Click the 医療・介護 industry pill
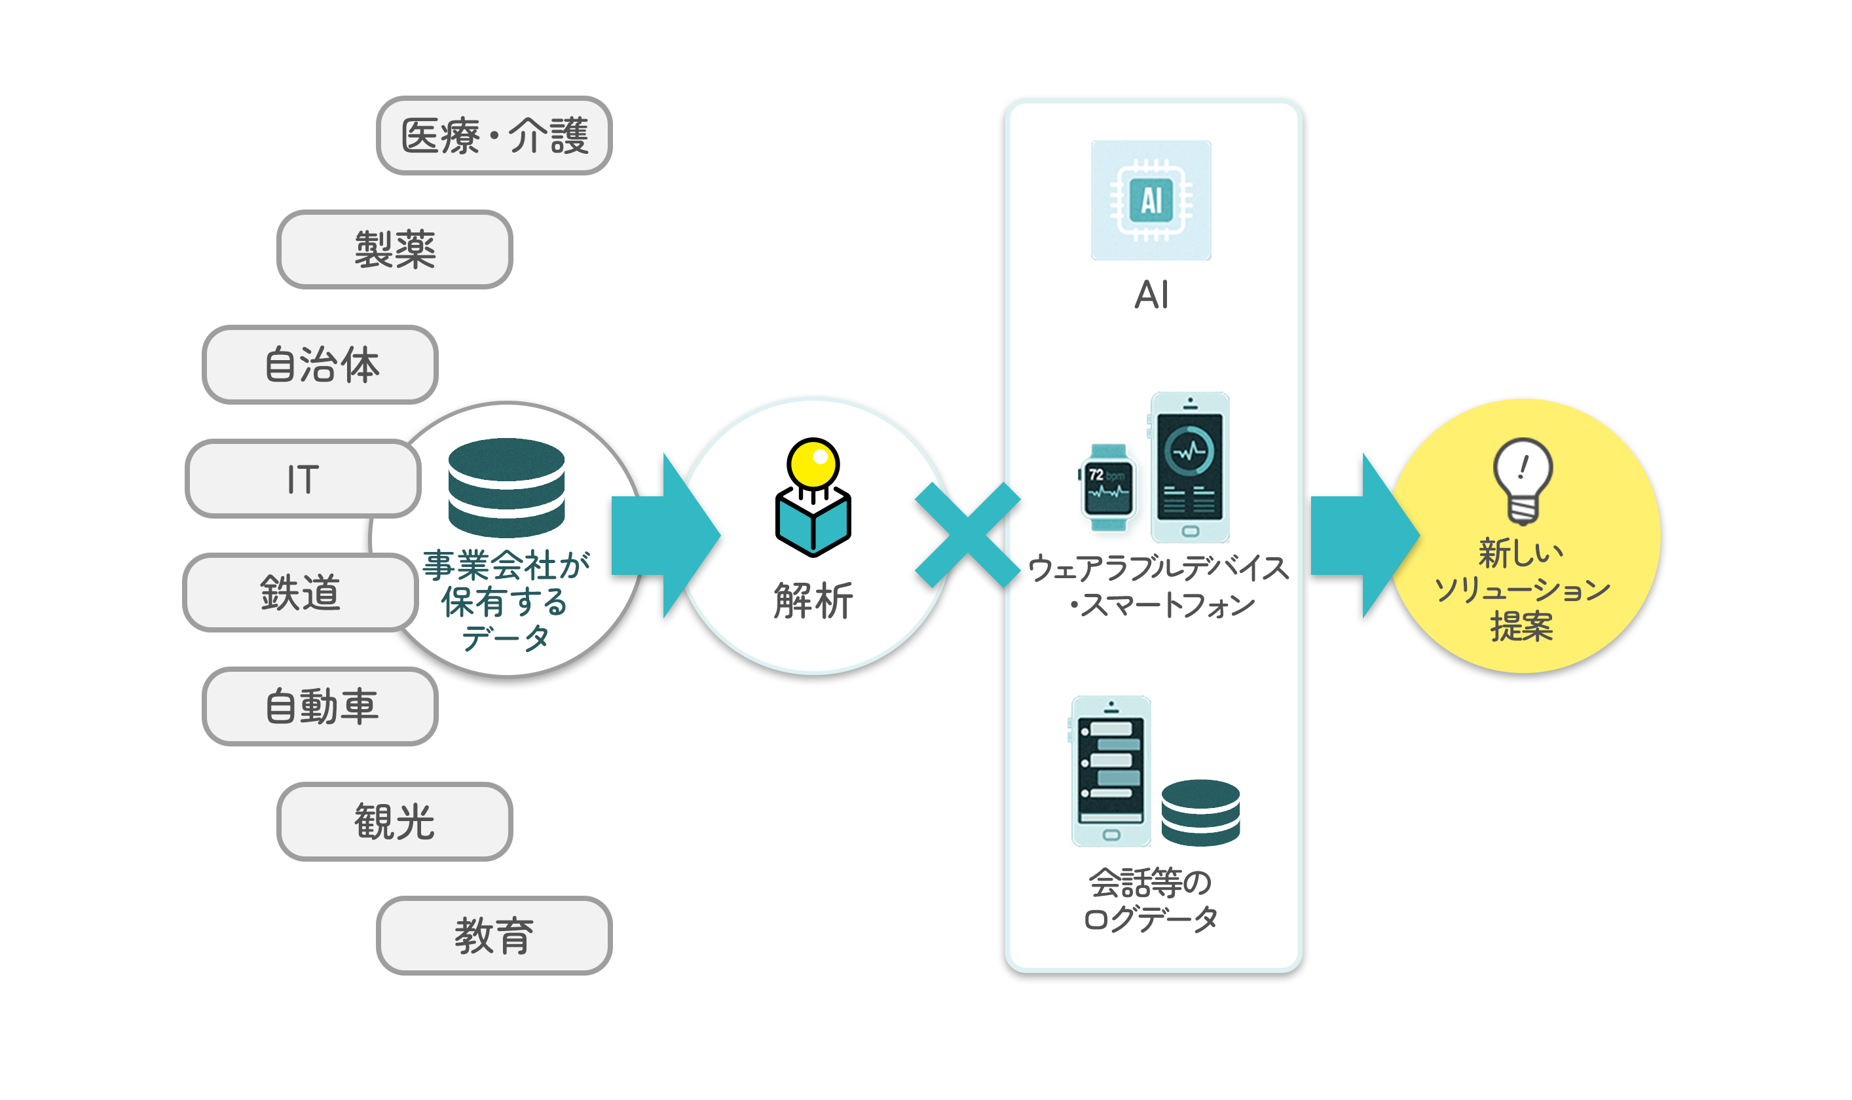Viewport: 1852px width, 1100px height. click(x=494, y=136)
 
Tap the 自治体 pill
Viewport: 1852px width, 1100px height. click(x=320, y=364)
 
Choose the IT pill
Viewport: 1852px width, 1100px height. click(x=303, y=479)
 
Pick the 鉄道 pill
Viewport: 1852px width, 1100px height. click(x=301, y=593)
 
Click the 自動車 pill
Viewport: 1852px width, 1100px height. click(x=320, y=706)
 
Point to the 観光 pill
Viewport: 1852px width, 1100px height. click(x=394, y=821)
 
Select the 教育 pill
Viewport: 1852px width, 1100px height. click(x=494, y=936)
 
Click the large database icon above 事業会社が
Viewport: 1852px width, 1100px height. click(x=506, y=487)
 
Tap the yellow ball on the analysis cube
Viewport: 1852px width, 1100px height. click(x=813, y=464)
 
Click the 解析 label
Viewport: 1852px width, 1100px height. click(x=813, y=600)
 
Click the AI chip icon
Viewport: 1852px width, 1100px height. click(x=1151, y=200)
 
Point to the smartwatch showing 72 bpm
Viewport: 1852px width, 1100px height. click(x=1108, y=488)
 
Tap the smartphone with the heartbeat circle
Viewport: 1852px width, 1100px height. click(x=1189, y=467)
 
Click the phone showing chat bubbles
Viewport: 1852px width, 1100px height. click(x=1111, y=771)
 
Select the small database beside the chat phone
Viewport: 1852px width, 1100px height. click(x=1200, y=813)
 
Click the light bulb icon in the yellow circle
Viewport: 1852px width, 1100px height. click(x=1522, y=481)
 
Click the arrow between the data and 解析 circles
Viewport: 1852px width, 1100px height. click(x=663, y=535)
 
